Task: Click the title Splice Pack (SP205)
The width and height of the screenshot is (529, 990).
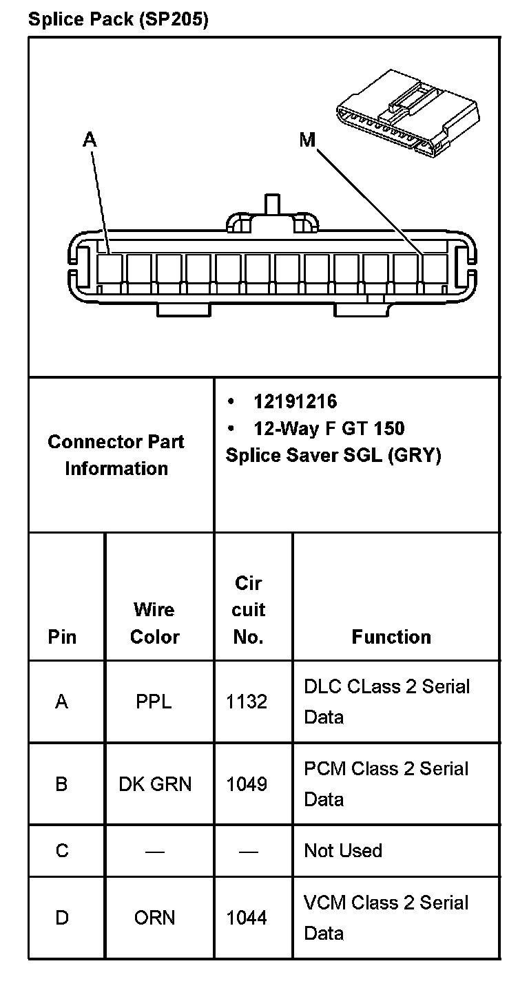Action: click(118, 19)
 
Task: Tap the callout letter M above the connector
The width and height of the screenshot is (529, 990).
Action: click(307, 140)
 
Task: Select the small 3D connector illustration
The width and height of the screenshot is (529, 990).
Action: click(408, 114)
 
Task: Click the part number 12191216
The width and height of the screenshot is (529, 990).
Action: click(295, 401)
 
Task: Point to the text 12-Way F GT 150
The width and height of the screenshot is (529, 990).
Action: click(329, 428)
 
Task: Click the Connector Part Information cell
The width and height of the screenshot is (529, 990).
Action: click(116, 455)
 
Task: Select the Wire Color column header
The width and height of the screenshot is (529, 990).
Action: click(154, 623)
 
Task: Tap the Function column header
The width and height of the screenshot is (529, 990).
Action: click(391, 637)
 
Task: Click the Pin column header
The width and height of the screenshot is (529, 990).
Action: click(62, 637)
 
